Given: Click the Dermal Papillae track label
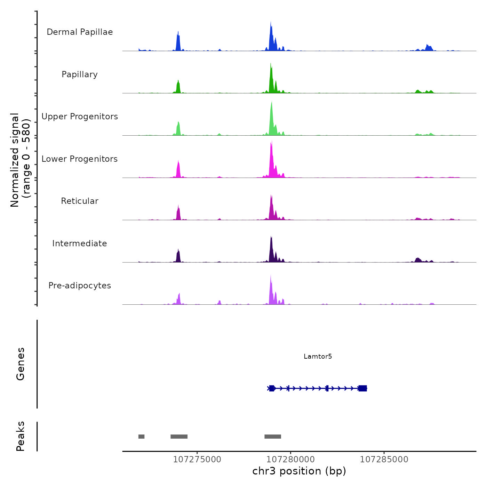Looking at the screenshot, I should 80,32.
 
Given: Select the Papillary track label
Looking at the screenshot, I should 80,74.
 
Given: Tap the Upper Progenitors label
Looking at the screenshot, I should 80,117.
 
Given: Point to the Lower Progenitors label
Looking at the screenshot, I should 80,159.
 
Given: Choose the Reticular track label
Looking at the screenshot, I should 80,201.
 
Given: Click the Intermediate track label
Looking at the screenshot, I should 80,243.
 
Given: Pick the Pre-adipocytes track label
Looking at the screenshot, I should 80,286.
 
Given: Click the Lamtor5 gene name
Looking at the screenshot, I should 318,356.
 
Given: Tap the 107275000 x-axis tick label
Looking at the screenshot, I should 197,460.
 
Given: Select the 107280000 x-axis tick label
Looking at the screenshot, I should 290,460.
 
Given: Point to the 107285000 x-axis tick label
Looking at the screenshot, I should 384,460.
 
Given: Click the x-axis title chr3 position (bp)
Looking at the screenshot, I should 299,471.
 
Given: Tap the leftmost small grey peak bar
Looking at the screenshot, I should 141,437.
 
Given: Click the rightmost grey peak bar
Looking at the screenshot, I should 273,437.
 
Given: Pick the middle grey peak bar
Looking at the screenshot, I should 179,437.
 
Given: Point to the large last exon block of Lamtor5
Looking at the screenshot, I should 362,388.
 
